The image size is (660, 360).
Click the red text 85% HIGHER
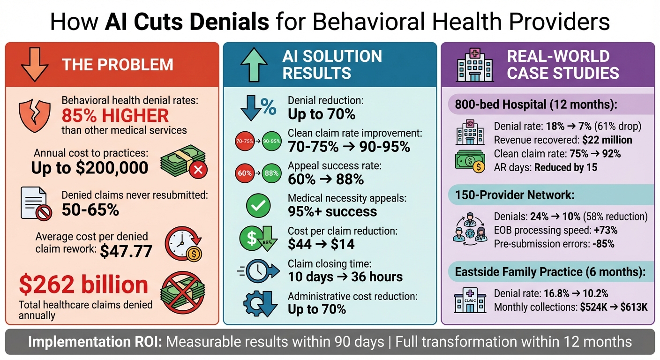(x=115, y=115)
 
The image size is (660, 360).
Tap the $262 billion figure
(x=84, y=285)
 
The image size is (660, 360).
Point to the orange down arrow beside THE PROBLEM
(x=35, y=64)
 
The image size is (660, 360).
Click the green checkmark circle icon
(x=258, y=206)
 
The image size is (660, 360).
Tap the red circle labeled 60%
(x=245, y=173)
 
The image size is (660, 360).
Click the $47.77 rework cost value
(x=126, y=251)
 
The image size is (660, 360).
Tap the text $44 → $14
(x=321, y=244)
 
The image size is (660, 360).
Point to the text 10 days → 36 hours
(x=345, y=277)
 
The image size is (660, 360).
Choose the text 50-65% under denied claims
(x=90, y=210)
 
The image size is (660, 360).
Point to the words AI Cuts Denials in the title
(x=187, y=22)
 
